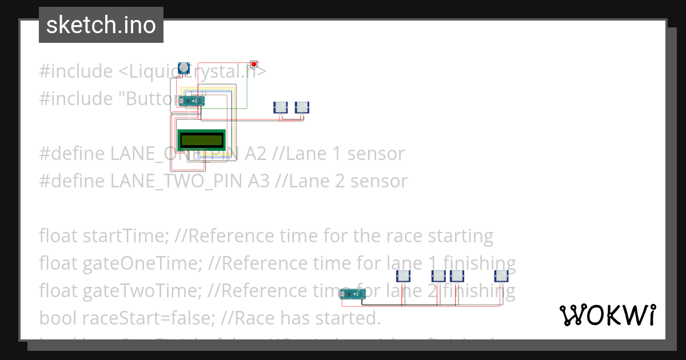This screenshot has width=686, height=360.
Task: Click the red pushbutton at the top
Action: coord(254,64)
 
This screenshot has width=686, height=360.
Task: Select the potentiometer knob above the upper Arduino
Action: coord(184,68)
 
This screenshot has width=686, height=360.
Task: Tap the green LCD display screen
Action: coord(202,139)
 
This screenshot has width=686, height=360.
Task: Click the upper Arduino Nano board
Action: coord(191,101)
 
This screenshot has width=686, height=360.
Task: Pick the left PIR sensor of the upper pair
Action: coord(281,107)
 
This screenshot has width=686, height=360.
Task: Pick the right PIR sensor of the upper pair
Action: coord(302,107)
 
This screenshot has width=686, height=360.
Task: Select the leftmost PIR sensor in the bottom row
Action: coord(404,276)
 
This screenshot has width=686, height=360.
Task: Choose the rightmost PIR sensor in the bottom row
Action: coord(501,276)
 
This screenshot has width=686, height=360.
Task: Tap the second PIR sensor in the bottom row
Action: coord(438,276)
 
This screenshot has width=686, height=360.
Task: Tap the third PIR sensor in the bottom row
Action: coord(457,276)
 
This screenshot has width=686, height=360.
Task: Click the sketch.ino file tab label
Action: coord(101,25)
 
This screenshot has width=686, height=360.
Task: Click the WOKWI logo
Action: coord(607,315)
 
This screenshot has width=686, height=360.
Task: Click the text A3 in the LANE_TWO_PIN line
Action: coord(258,181)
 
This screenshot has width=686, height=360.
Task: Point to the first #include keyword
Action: coord(75,71)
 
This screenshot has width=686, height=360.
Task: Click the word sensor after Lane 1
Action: coord(376,154)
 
